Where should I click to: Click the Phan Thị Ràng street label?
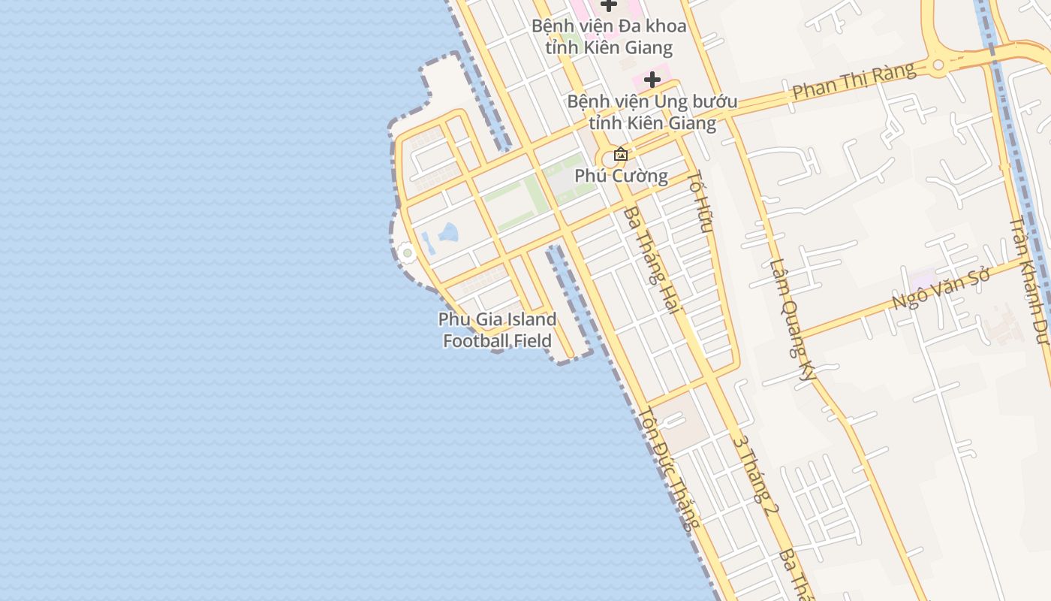pos(854,81)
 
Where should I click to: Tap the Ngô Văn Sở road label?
pos(941,288)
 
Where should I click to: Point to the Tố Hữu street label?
pos(700,201)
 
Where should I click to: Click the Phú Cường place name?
pos(621,176)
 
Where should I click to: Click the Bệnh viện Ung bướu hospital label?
pos(652,112)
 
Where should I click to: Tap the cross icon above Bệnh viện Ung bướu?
pos(652,79)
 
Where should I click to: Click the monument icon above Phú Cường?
pos(621,155)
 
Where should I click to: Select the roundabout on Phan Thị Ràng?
pos(938,65)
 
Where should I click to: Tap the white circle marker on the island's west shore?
pos(408,253)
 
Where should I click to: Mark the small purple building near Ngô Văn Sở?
pos(922,277)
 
